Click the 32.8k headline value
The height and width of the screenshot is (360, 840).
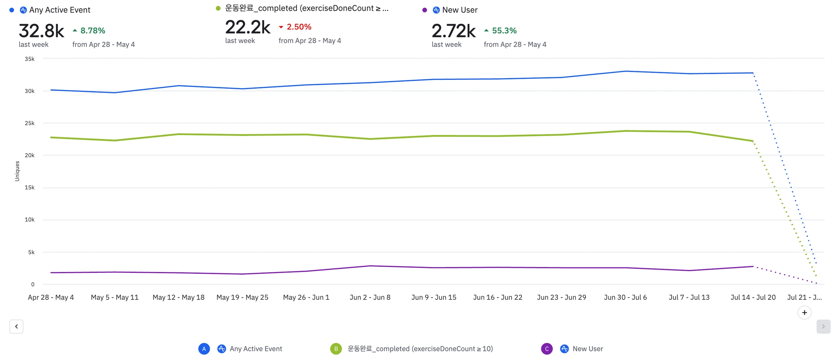pyautogui.click(x=41, y=31)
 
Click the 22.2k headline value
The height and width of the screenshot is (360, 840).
pyautogui.click(x=248, y=27)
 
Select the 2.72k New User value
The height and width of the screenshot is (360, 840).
pyautogui.click(x=454, y=31)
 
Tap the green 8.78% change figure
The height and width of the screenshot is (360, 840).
pyautogui.click(x=93, y=31)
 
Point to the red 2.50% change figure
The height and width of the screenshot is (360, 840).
pyautogui.click(x=299, y=27)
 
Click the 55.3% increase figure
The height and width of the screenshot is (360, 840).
pyautogui.click(x=504, y=31)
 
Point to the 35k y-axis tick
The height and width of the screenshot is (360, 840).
pyautogui.click(x=30, y=59)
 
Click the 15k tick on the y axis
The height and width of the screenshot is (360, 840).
pyautogui.click(x=30, y=188)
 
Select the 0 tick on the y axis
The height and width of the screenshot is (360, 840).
pyautogui.click(x=33, y=284)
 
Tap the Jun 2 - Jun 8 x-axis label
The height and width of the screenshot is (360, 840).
pyautogui.click(x=370, y=297)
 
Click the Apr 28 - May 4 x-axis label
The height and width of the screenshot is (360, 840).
pyautogui.click(x=51, y=297)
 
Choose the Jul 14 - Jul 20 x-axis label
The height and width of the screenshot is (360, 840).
pyautogui.click(x=753, y=297)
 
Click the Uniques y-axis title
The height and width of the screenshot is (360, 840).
pyautogui.click(x=17, y=171)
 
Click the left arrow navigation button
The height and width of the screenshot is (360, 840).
pyautogui.click(x=16, y=326)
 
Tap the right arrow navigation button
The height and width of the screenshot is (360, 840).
pyautogui.click(x=823, y=326)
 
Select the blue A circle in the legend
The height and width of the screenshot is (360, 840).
pyautogui.click(x=204, y=349)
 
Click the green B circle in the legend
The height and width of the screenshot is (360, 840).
pyautogui.click(x=336, y=349)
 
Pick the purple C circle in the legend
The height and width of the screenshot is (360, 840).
pyautogui.click(x=547, y=349)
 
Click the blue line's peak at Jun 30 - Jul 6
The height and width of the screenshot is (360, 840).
pyautogui.click(x=625, y=71)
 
